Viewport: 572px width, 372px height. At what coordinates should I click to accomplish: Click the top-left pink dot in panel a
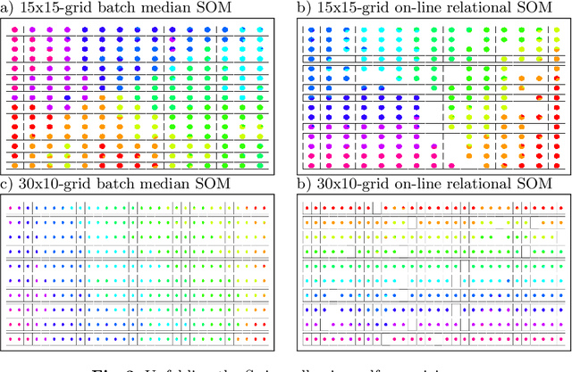tap(15, 29)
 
